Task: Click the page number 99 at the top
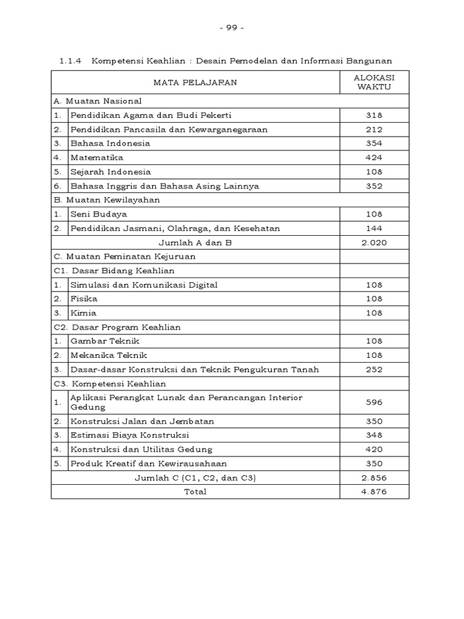(x=231, y=28)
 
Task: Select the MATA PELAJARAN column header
(x=196, y=82)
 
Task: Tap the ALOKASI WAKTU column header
(x=374, y=82)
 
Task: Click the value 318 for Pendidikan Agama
(x=374, y=115)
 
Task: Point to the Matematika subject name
(x=97, y=158)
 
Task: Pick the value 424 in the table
(x=374, y=158)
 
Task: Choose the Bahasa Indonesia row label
(x=110, y=143)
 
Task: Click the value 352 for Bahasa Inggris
(x=374, y=186)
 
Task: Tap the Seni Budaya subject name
(x=98, y=214)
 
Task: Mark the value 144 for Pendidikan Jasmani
(x=374, y=228)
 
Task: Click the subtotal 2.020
(x=374, y=242)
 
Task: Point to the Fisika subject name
(x=84, y=299)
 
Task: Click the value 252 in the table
(x=374, y=369)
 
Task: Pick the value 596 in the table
(x=374, y=402)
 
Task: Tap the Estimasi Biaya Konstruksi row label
(x=130, y=435)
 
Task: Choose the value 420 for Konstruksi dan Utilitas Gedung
(x=374, y=449)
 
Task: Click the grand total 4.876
(x=374, y=491)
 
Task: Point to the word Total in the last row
(x=195, y=491)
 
